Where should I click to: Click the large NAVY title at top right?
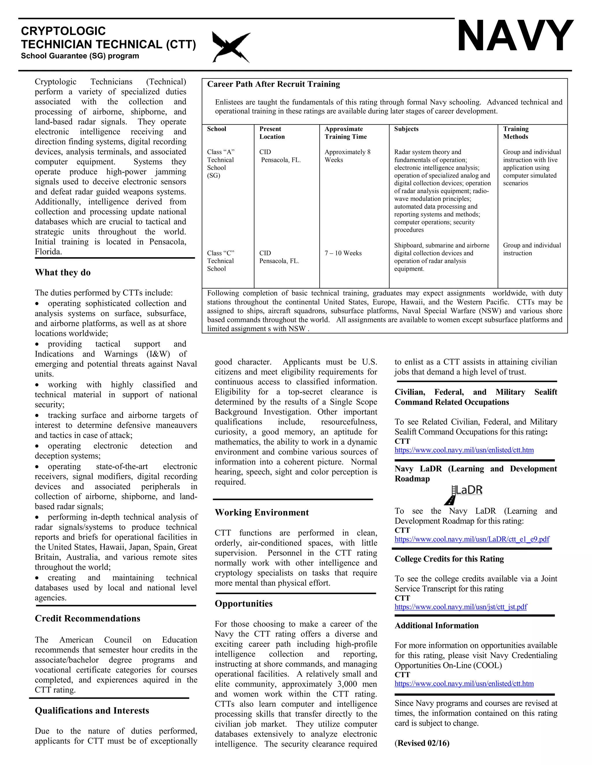[515, 36]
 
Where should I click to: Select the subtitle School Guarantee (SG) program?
[80, 56]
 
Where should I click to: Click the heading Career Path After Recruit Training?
[273, 84]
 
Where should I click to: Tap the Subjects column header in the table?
[406, 129]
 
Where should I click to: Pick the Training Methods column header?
[516, 133]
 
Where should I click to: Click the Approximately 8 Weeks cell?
[347, 156]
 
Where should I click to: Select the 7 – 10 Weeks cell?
[343, 253]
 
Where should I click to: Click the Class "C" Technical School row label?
[221, 261]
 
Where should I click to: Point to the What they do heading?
[63, 273]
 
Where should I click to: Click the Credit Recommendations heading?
[87, 618]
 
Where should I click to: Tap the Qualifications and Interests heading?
[92, 710]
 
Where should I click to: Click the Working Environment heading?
[262, 512]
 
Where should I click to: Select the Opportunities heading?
[243, 604]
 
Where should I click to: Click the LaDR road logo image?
[463, 494]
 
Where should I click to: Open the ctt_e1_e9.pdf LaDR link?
[472, 539]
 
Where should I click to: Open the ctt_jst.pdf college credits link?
[460, 607]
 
